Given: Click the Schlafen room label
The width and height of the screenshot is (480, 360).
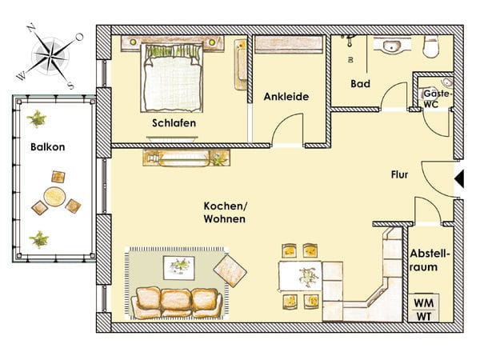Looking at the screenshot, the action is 174,123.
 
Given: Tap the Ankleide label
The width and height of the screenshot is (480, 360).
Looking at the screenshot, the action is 286,97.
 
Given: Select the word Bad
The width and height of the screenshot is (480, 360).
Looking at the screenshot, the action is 360,83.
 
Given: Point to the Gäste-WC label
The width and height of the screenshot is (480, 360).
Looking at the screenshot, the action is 437,98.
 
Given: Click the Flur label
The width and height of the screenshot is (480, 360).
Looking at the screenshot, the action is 399,174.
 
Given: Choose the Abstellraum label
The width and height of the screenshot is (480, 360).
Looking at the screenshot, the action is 429,260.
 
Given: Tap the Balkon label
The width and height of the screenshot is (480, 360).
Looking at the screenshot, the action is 48,147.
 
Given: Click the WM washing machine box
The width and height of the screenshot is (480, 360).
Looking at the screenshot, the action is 424,302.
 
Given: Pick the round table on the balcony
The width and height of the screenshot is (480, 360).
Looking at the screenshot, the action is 54,197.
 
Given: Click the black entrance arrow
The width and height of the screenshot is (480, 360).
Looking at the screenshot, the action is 459,178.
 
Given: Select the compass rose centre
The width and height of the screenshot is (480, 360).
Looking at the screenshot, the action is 51,55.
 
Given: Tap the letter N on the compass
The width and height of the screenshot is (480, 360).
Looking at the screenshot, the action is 30,29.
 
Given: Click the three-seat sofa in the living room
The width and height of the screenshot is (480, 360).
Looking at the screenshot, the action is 177,302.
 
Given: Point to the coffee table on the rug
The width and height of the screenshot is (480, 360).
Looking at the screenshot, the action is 179,268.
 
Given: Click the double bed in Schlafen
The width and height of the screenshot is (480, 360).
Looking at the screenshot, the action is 172,78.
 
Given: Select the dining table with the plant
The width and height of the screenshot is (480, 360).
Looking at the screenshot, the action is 300,275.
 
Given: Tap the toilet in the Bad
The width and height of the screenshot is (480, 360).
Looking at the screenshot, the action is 431,46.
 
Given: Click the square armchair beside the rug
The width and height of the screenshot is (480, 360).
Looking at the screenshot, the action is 230,270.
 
